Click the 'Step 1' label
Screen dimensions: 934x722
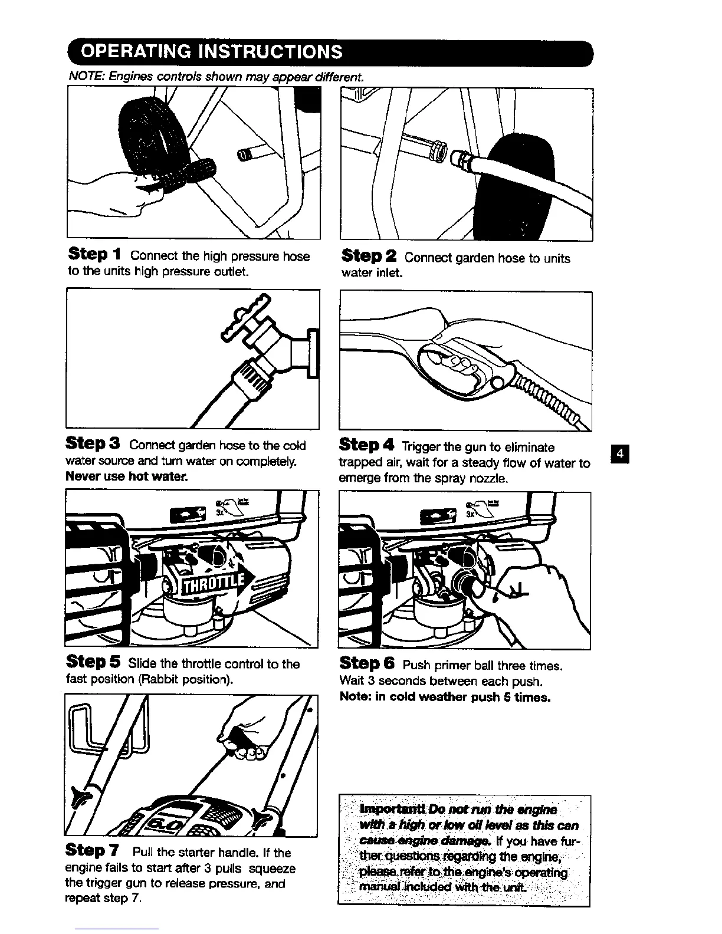(94, 255)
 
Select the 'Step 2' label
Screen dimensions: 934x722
(369, 256)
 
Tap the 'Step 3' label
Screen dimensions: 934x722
(93, 443)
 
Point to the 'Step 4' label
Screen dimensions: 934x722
(366, 446)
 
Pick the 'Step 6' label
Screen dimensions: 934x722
(367, 664)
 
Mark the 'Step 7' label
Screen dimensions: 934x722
(94, 851)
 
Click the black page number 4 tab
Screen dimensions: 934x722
(621, 455)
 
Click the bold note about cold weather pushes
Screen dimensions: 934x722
(445, 697)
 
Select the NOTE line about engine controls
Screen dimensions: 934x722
(216, 77)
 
